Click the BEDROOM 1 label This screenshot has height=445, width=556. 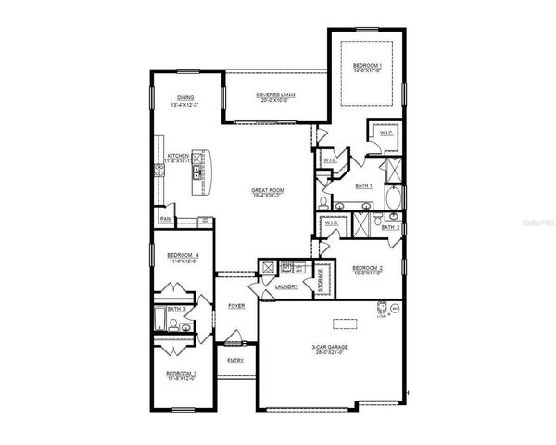click(x=367, y=66)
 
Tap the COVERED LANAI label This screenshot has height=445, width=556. click(x=274, y=95)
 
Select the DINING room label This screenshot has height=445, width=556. click(x=185, y=98)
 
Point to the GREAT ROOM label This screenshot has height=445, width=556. click(x=268, y=190)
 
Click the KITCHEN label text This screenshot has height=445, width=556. click(x=178, y=156)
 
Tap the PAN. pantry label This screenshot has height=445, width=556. click(x=165, y=219)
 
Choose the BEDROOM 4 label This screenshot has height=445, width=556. click(x=183, y=256)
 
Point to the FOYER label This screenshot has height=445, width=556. click(x=237, y=305)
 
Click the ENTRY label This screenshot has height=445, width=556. click(x=236, y=360)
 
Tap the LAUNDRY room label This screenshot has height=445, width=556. click(x=285, y=287)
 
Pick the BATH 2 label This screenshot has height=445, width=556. click(x=391, y=227)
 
